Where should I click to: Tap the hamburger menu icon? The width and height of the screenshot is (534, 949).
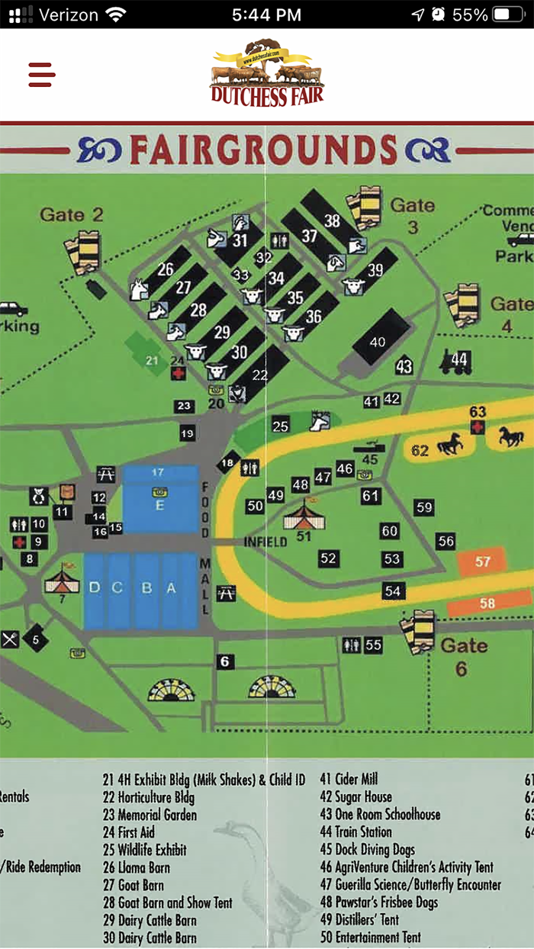click(42, 75)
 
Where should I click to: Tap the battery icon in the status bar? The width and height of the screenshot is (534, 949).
click(507, 14)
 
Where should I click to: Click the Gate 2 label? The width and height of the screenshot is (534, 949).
click(71, 214)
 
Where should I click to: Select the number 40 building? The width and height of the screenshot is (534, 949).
click(378, 341)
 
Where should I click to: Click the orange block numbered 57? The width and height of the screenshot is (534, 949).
click(482, 561)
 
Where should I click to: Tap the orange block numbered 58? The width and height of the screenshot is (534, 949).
click(487, 603)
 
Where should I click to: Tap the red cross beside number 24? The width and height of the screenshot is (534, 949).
click(178, 373)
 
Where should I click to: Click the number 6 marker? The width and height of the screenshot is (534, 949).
click(224, 662)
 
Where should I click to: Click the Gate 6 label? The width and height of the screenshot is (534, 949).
click(463, 656)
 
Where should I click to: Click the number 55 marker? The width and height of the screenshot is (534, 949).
click(373, 645)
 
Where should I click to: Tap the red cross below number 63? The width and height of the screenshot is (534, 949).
click(478, 427)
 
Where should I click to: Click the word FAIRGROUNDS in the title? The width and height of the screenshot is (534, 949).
click(264, 150)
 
